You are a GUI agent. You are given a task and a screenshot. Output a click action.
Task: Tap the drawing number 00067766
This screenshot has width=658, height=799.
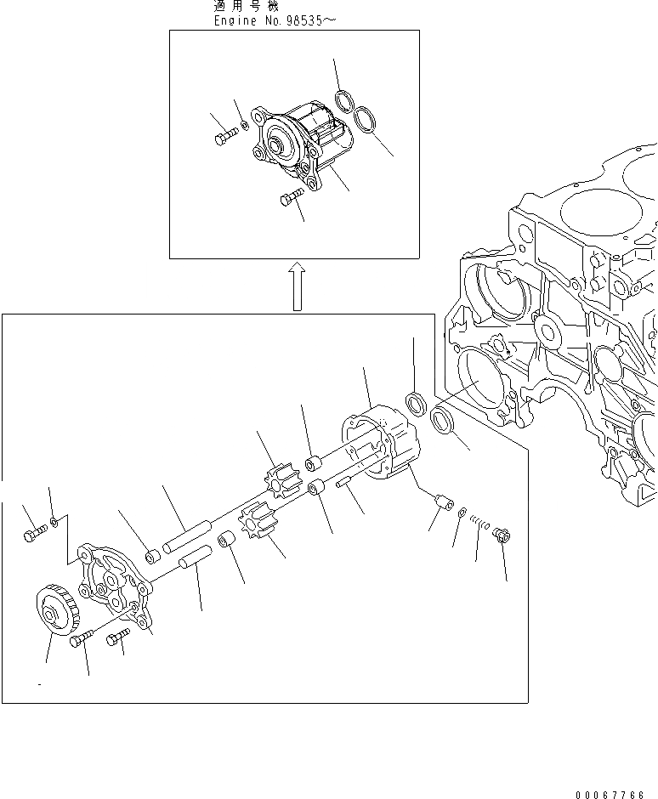(610, 795)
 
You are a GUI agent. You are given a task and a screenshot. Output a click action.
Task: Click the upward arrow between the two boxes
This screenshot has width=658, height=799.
(295, 286)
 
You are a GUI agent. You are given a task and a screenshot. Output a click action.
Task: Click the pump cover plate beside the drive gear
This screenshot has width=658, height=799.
(111, 582)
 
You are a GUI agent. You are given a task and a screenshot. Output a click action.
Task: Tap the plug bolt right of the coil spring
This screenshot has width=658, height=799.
(501, 535)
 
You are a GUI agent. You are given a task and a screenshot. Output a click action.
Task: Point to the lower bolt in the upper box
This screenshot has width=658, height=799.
(290, 198)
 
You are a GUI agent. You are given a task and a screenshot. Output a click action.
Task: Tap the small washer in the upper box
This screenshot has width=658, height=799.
(243, 127)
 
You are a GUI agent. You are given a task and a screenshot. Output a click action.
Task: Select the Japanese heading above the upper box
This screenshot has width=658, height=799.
(241, 5)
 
